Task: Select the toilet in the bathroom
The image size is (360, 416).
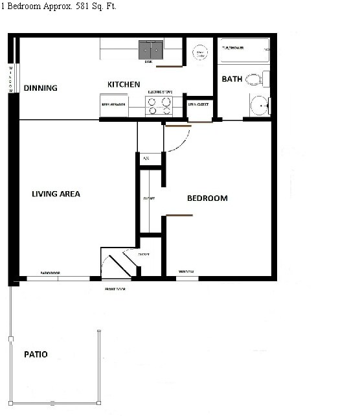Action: (x=256, y=80)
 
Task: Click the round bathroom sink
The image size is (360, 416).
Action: (x=260, y=105)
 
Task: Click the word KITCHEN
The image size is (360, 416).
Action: (x=124, y=85)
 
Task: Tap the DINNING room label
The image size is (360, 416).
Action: (x=41, y=88)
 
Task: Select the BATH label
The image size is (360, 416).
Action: (x=232, y=80)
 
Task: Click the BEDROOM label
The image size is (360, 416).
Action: (x=207, y=198)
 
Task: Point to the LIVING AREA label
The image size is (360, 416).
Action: (x=56, y=194)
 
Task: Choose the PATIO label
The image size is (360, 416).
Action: (x=36, y=354)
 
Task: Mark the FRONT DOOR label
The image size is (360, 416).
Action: (x=115, y=288)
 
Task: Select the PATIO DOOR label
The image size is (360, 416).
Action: (x=50, y=273)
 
